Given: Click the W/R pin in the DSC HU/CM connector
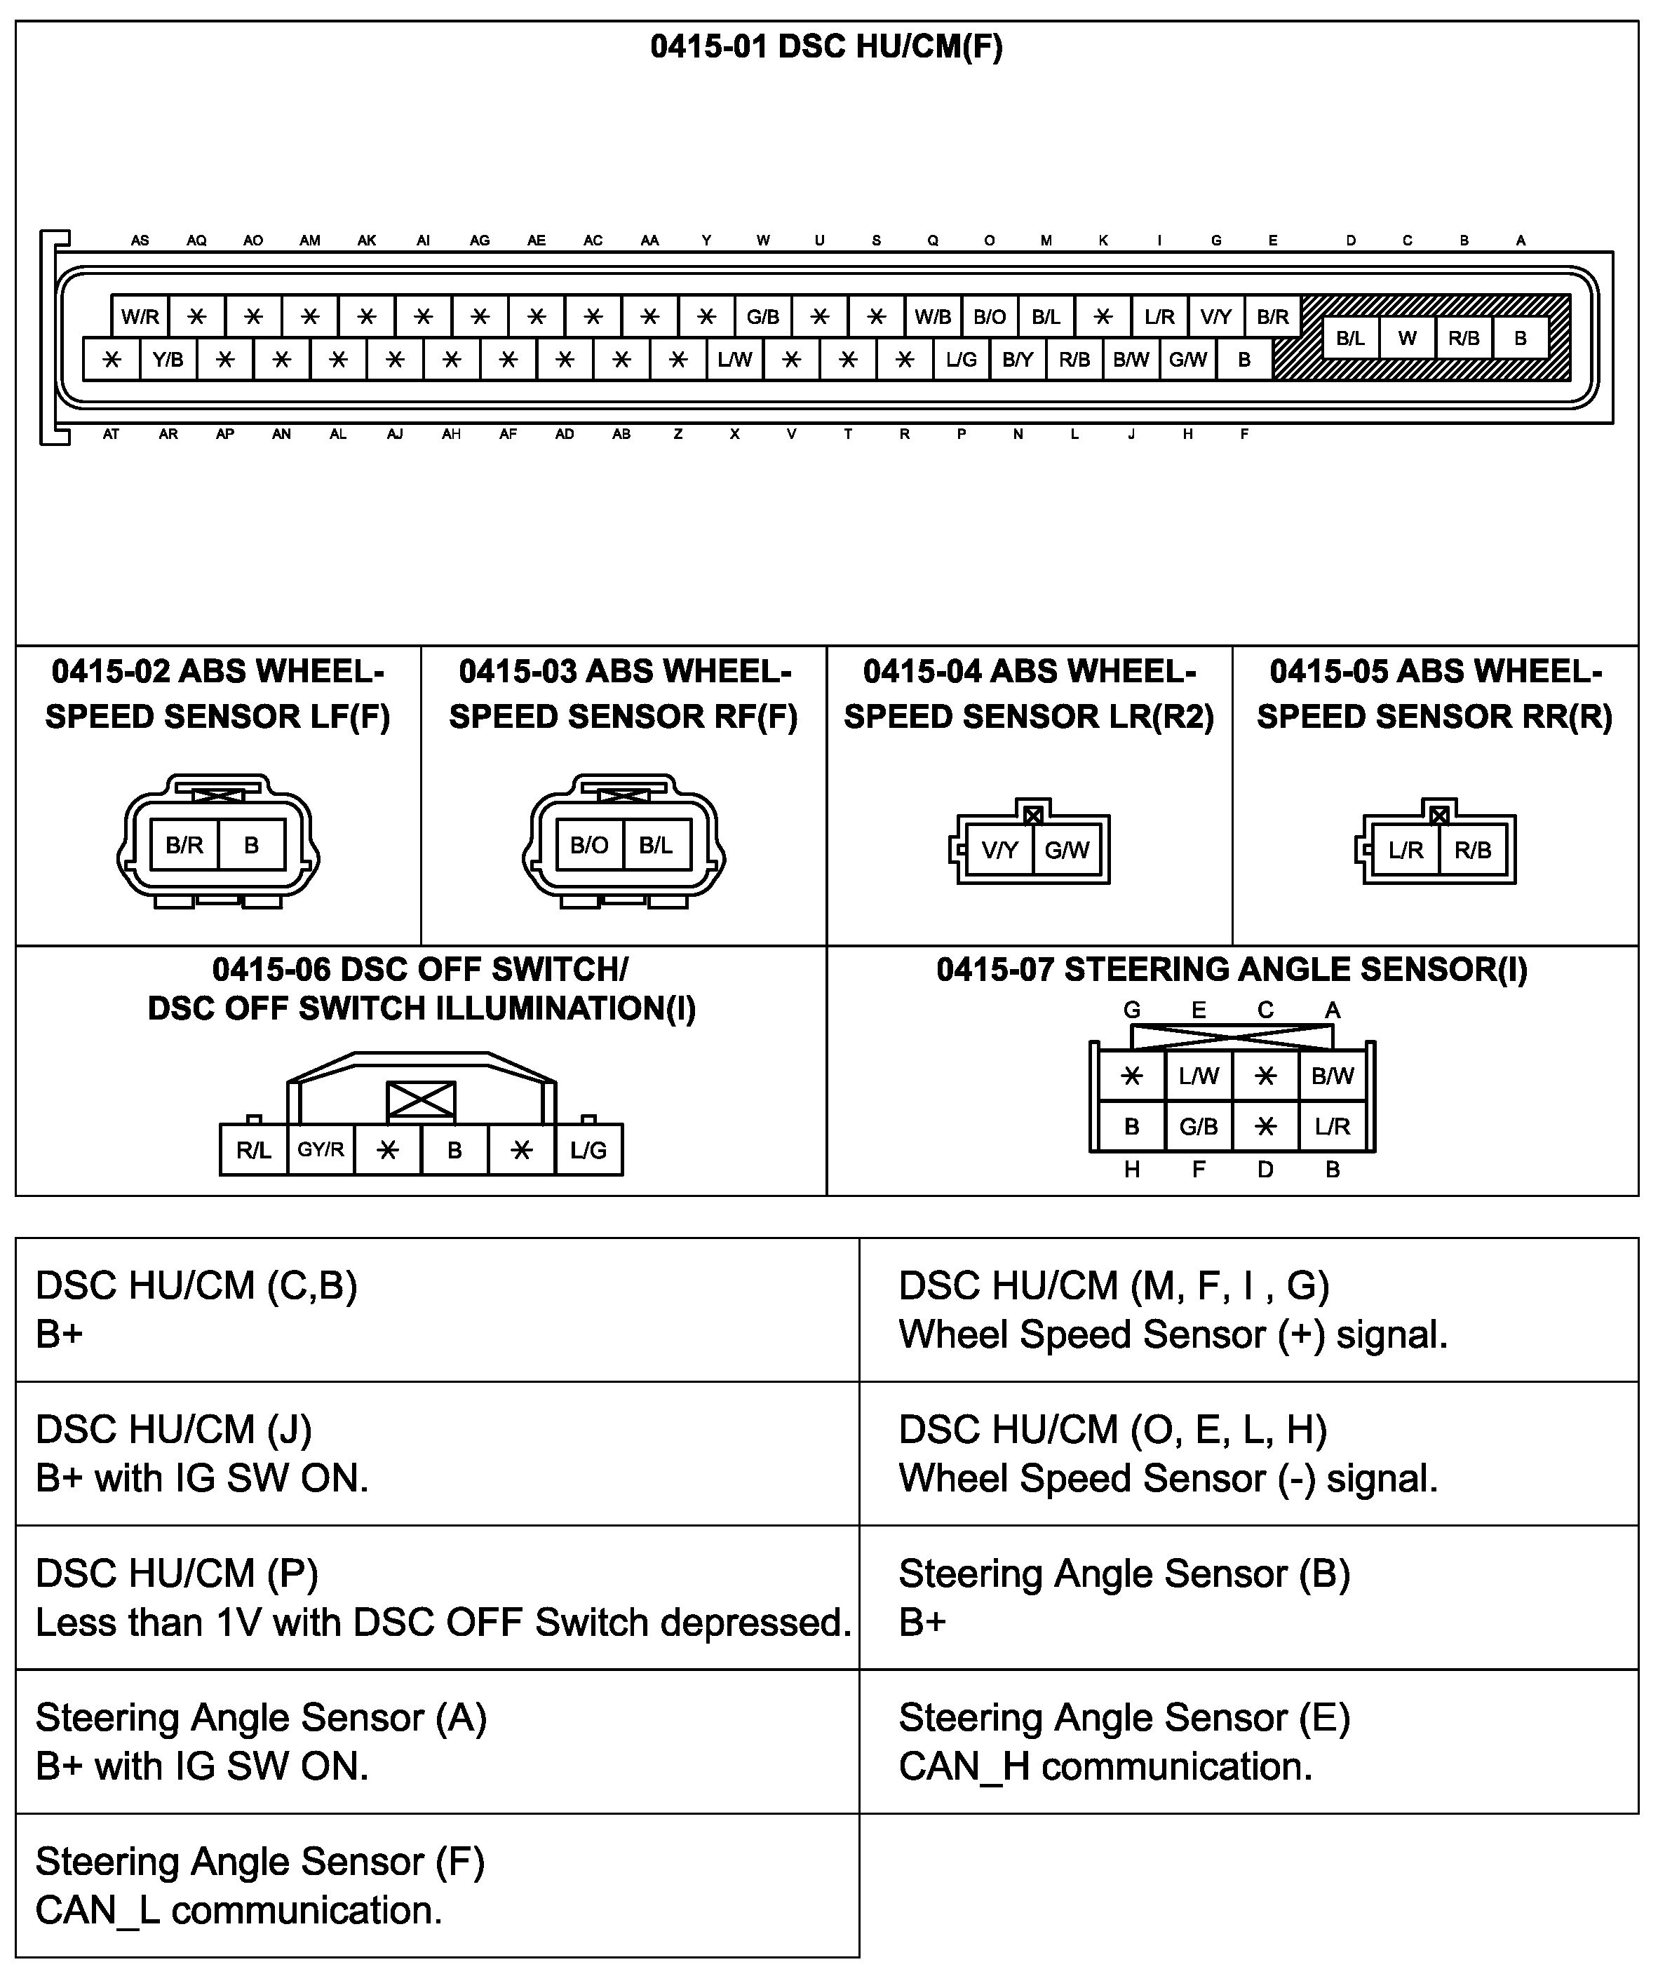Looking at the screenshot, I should coord(140,317).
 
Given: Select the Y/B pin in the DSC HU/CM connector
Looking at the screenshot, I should coord(168,359).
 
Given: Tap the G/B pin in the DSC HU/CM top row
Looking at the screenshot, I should coord(762,317).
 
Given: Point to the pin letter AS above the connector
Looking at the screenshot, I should coord(140,241).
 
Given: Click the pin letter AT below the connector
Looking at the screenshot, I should coord(112,434).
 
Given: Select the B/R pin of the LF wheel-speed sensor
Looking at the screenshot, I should coord(184,845).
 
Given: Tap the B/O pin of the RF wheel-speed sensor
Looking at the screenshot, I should coord(589,845).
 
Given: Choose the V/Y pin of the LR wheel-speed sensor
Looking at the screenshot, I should coord(999,851).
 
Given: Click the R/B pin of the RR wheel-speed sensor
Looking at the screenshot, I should coord(1473,851).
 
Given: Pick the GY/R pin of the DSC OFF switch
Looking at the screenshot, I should coord(321,1149).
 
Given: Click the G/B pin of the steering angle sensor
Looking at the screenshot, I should coord(1199,1126).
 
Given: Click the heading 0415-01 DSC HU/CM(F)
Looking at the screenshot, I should coord(826,47).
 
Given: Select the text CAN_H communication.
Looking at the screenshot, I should coord(1105,1767).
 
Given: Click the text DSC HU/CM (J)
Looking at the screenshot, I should coord(174,1430).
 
